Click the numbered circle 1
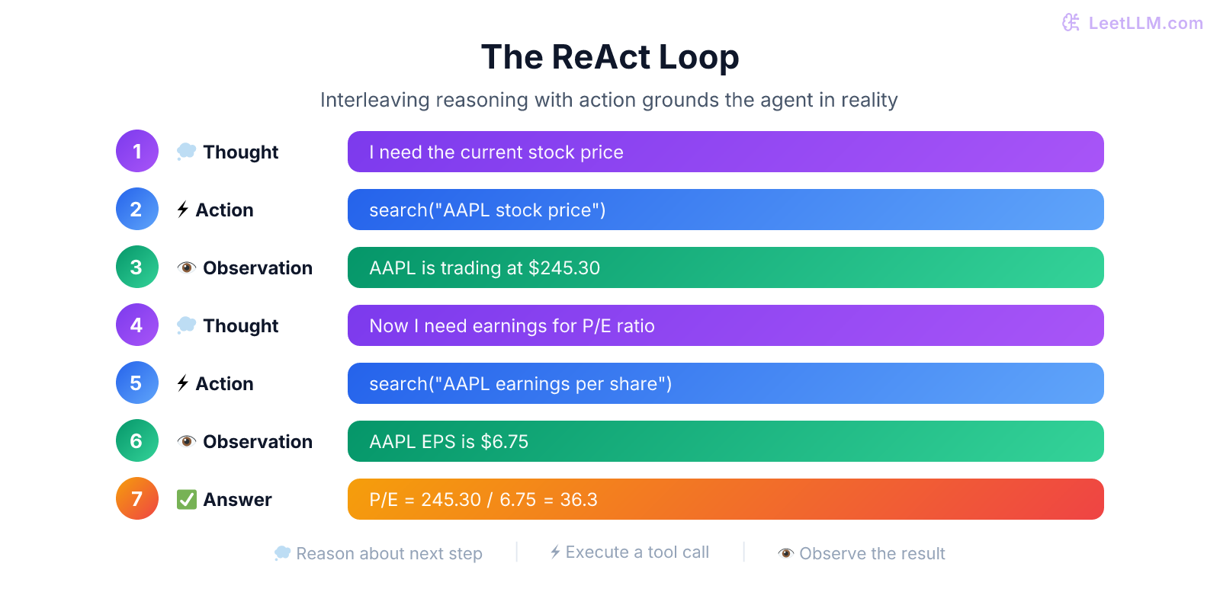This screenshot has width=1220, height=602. pos(137,151)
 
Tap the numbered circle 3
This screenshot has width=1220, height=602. pos(137,267)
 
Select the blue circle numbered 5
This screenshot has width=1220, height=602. pos(137,383)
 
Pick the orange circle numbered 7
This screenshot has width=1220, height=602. pos(137,498)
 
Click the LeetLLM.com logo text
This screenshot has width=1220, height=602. pos(1145,23)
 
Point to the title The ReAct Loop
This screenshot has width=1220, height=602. pos(610,57)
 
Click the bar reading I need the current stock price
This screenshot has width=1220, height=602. pos(725,152)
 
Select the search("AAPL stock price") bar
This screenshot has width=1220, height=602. pos(725,210)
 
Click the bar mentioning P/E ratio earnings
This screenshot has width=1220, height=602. pos(725,325)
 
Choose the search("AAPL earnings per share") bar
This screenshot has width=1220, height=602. pos(725,383)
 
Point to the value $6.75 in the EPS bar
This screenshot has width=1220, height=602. pos(504,442)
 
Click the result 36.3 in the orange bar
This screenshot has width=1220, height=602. pos(579,500)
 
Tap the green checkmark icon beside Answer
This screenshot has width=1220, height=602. pos(187,499)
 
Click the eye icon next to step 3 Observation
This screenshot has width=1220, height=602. pos(187,268)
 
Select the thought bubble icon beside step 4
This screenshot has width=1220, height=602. pos(187,325)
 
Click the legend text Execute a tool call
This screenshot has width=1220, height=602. pos(637,552)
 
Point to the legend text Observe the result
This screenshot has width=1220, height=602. pos(872,554)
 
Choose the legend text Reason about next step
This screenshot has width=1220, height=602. pos(389,554)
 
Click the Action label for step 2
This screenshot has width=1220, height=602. pos(224,210)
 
